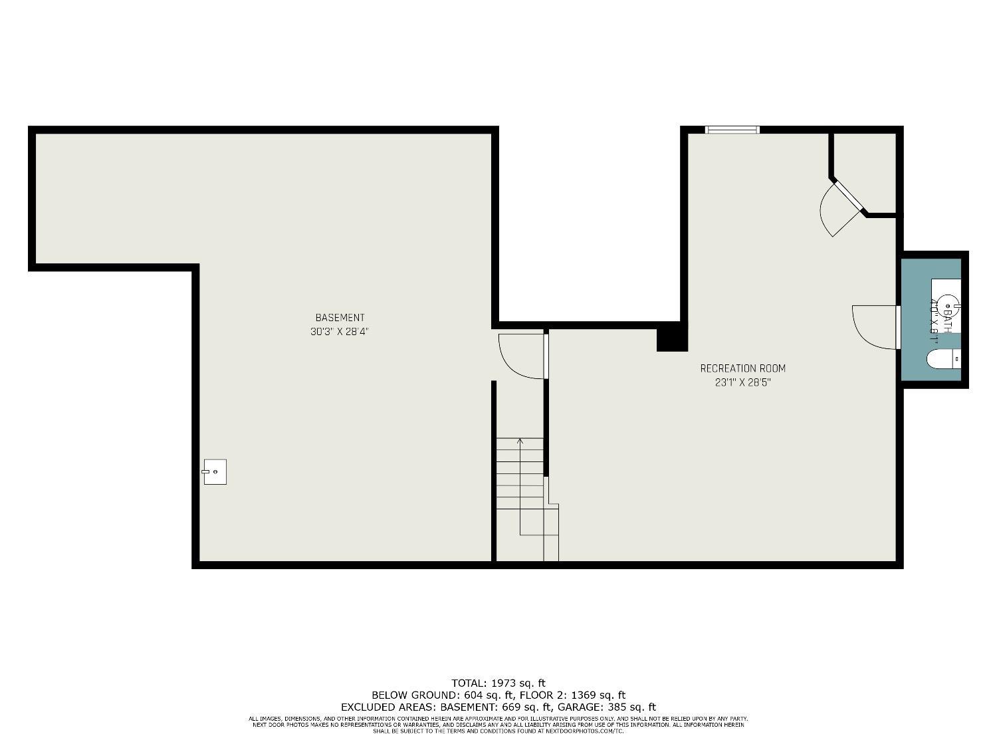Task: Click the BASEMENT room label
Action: click(x=340, y=318)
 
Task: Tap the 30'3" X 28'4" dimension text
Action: click(x=339, y=332)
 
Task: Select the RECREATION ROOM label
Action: click(x=742, y=368)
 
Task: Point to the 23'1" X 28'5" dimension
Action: click(x=742, y=383)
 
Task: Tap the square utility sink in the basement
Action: click(x=215, y=471)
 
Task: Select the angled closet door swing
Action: click(x=839, y=207)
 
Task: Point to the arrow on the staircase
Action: click(x=520, y=441)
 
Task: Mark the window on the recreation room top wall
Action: click(x=732, y=130)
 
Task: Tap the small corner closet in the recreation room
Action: click(x=867, y=172)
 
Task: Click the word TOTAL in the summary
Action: click(x=469, y=683)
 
